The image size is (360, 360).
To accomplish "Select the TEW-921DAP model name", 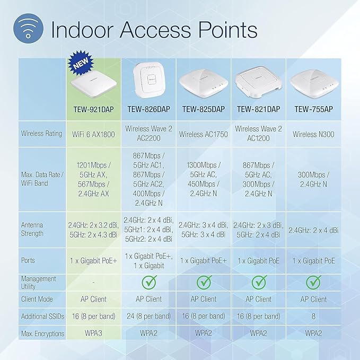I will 94,109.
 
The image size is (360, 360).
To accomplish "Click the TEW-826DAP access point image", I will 148,80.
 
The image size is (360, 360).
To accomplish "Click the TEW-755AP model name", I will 313,109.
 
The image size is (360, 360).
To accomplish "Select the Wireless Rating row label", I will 41,134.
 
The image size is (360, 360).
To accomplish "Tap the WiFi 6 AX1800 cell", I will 94,134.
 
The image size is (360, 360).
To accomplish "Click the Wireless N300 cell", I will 313,134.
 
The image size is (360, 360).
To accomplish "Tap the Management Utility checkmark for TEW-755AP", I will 313,282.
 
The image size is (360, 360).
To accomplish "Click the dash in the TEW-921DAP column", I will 94,282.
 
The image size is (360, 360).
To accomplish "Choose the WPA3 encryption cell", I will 94,333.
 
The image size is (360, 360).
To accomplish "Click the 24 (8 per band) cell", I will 148,316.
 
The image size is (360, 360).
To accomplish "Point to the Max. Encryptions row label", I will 42,333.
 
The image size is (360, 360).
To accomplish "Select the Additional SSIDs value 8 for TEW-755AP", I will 313,316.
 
